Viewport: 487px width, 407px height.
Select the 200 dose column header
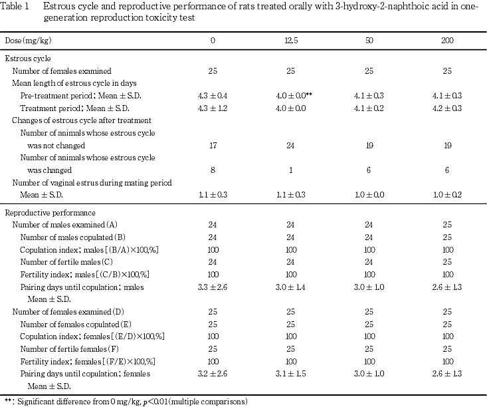(447, 41)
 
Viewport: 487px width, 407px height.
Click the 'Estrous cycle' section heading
(28, 59)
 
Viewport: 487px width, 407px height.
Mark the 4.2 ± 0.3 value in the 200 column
(447, 108)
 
